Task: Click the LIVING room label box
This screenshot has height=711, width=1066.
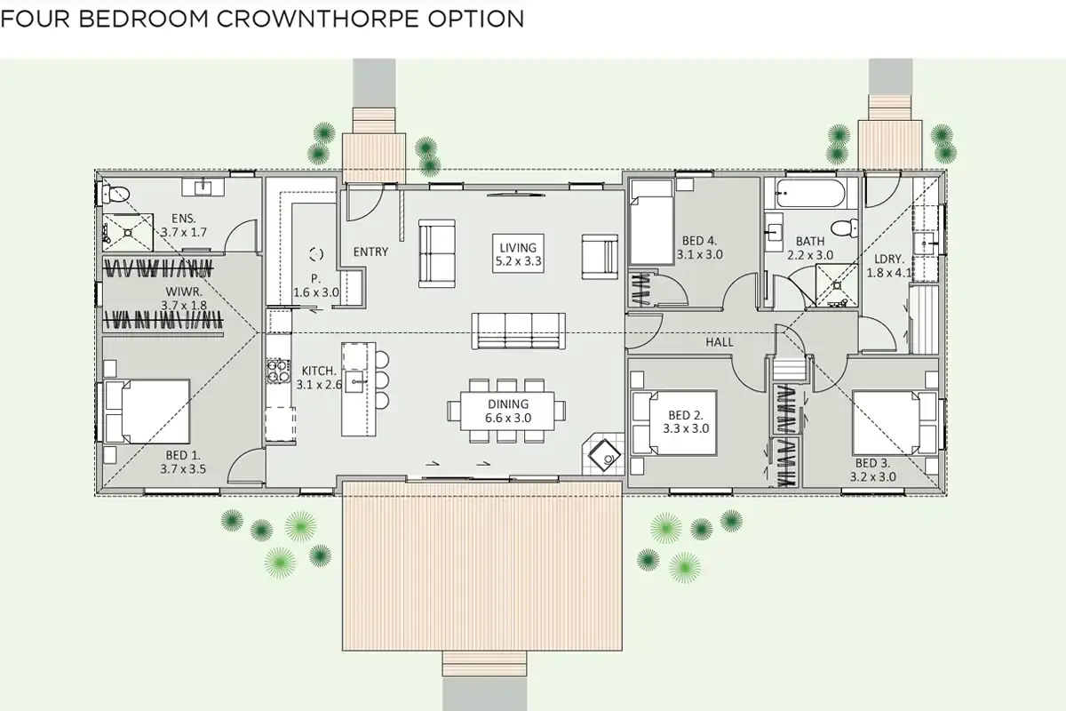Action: point(518,253)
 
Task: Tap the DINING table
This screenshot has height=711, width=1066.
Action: point(507,411)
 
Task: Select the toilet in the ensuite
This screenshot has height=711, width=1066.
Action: point(115,194)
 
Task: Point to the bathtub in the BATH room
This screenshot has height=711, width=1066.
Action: point(810,193)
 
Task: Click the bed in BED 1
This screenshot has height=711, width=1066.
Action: point(147,411)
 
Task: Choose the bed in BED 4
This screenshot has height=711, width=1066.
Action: point(651,222)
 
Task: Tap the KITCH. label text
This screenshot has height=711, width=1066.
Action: point(319,371)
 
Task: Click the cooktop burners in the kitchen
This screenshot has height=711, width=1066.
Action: point(278,371)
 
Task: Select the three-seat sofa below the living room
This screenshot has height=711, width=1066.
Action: point(518,332)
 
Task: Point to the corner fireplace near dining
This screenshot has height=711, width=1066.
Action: point(604,455)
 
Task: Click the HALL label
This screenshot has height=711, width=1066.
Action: point(719,342)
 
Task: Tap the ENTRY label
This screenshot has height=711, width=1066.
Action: point(370,252)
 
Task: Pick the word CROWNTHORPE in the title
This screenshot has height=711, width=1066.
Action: point(318,19)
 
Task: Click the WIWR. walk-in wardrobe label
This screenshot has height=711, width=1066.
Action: point(184,292)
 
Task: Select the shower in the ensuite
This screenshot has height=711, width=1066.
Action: point(128,232)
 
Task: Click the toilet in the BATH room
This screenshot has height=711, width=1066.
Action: point(845,228)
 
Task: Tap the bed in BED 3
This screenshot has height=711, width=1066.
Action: point(895,422)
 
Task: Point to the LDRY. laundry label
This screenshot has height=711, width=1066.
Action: point(889,259)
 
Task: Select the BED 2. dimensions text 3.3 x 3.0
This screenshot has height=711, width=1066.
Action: point(686,428)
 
